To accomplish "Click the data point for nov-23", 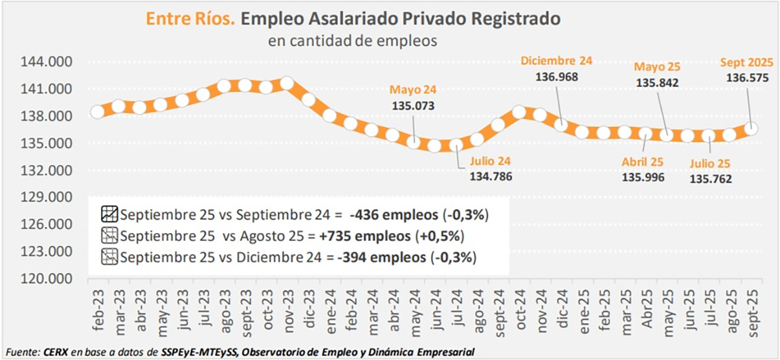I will click(287, 84).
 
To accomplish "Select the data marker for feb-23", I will click(98, 111).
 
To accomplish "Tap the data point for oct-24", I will click(518, 112).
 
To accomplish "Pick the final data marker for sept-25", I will click(751, 128).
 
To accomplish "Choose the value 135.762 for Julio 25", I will click(711, 179).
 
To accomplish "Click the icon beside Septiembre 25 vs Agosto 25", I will click(109, 235).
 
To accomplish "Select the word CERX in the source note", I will click(56, 352).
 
